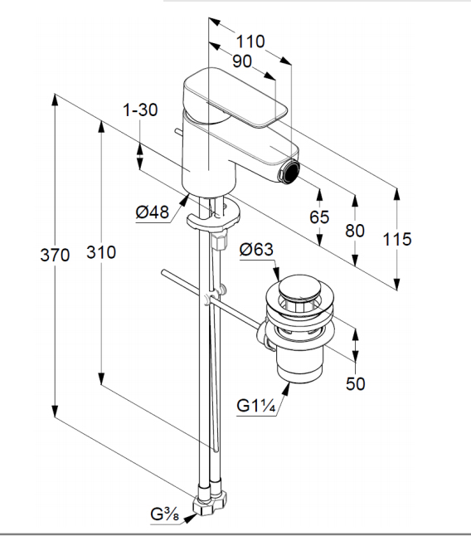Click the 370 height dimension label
point(55,255)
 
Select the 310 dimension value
point(101,252)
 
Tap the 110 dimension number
point(250,41)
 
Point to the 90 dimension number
point(242,61)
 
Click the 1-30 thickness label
point(140,110)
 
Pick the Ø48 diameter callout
point(153,212)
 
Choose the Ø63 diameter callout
point(256,249)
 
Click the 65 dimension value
point(319,217)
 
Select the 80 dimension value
point(355,231)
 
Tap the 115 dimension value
point(397,239)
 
